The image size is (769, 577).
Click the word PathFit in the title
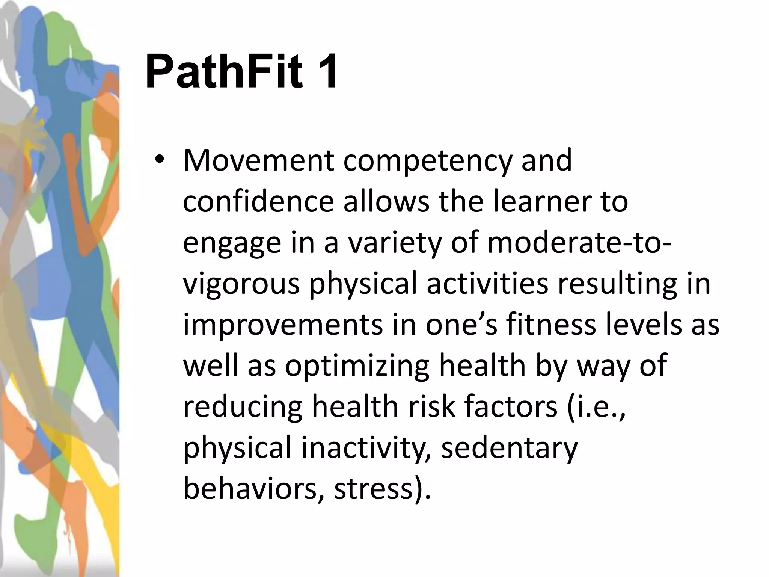click(224, 71)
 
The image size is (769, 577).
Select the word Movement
click(259, 160)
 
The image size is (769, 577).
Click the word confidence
click(259, 202)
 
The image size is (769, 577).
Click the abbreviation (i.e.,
click(597, 407)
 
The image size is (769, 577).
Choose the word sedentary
click(509, 449)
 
